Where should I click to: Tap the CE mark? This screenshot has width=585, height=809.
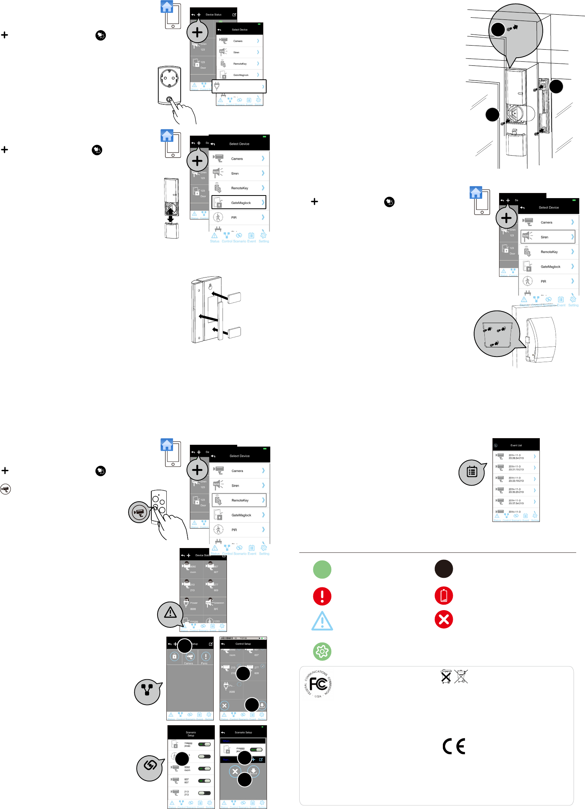pos(454,746)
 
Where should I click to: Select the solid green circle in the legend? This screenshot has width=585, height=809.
pos(322,569)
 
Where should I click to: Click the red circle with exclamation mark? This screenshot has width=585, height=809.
pos(322,596)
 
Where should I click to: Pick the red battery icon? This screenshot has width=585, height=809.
pos(444,595)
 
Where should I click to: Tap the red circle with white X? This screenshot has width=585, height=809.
pos(444,620)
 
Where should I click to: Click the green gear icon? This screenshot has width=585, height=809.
pos(322,651)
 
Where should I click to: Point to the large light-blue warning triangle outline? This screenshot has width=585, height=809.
pos(322,622)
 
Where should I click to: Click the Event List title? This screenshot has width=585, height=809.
pos(516,445)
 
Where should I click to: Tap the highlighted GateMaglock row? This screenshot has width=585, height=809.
pos(239,203)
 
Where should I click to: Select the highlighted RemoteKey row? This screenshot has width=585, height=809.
pos(239,500)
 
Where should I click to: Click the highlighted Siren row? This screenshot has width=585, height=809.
pos(548,237)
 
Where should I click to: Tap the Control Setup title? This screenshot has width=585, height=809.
pos(243,644)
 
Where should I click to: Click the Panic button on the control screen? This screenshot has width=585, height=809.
pos(206,657)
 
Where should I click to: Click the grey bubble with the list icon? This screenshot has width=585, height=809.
pos(472,472)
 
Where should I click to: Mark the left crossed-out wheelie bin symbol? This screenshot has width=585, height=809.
pos(446,677)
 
